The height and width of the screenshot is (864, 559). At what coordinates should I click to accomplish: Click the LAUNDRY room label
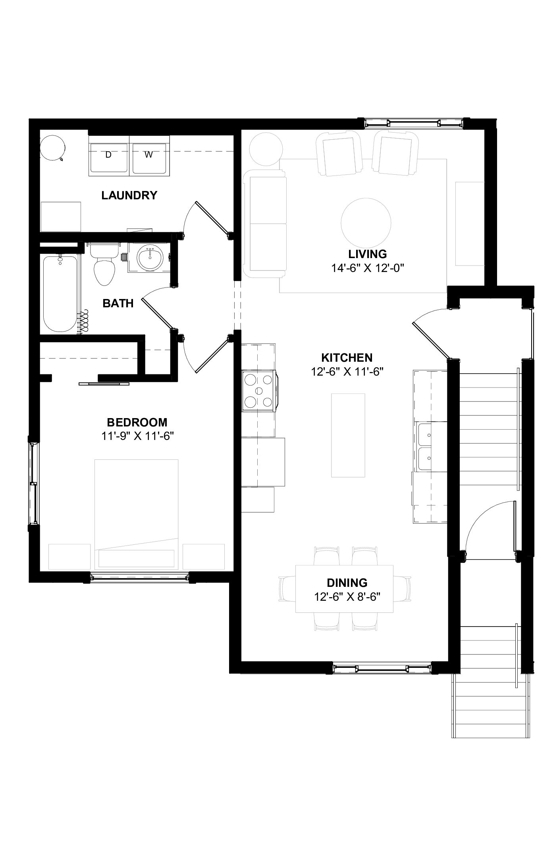click(x=129, y=195)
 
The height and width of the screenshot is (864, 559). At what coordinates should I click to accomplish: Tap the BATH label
click(x=118, y=303)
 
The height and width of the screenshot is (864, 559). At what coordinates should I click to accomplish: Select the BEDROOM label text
click(x=137, y=422)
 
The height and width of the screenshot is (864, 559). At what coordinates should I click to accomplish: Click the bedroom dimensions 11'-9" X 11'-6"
click(x=138, y=436)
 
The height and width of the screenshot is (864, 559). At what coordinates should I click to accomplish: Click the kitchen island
click(x=348, y=435)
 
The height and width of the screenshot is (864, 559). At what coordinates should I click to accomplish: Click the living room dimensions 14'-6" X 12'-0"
click(x=368, y=268)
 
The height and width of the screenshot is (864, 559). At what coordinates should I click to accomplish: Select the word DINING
click(x=347, y=583)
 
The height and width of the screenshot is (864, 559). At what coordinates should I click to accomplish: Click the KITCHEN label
click(x=347, y=358)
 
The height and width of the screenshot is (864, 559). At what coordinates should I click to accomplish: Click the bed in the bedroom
click(x=136, y=515)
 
